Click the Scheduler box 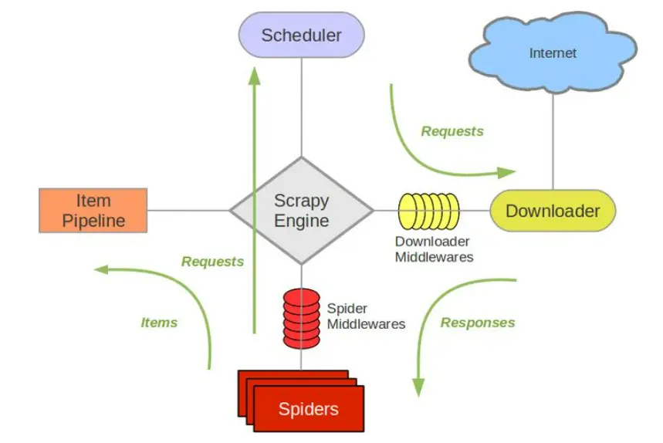click(301, 36)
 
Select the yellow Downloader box click(553, 211)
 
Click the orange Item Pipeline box click(93, 211)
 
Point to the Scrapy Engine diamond click(302, 211)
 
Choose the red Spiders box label click(309, 409)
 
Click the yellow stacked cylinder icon click(429, 211)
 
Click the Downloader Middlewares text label click(433, 249)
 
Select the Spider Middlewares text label click(366, 316)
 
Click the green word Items click(159, 323)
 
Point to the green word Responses click(478, 323)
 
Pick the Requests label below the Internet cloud click(452, 131)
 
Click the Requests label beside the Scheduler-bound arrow click(213, 262)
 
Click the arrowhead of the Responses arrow click(420, 387)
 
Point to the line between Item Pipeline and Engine click(189, 210)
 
